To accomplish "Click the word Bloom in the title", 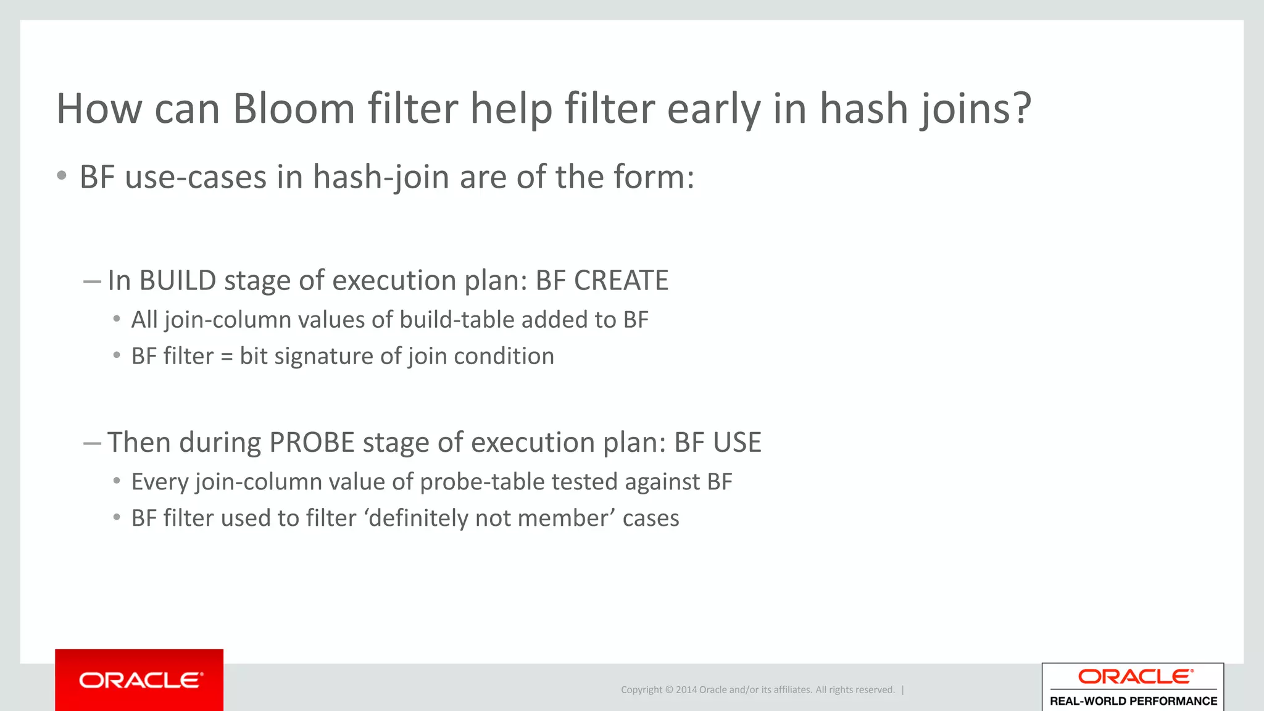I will click(293, 109).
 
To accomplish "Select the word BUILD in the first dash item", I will click(177, 281).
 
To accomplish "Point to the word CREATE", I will click(621, 281).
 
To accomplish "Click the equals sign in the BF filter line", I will click(227, 357).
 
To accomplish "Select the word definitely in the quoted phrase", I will click(420, 518).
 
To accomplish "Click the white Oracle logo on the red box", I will click(140, 680).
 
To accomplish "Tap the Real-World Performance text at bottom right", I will click(1133, 701).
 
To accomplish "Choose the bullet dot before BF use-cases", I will click(61, 177).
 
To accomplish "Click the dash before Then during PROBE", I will click(92, 443).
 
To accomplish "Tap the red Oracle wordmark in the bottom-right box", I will click(1134, 677).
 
